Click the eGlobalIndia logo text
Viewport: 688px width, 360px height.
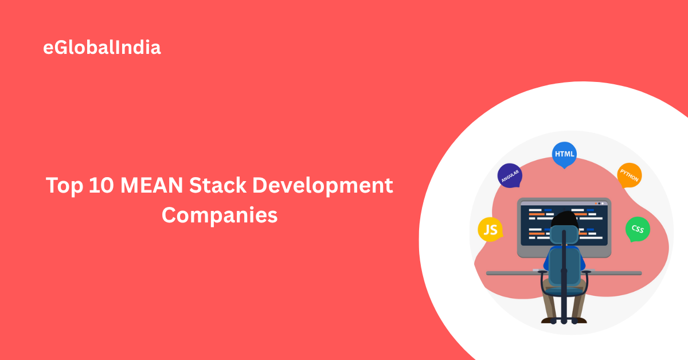(x=102, y=48)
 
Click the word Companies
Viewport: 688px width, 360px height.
(x=220, y=216)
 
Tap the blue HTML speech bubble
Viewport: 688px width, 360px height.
(x=564, y=154)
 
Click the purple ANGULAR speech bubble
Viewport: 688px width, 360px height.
(x=510, y=175)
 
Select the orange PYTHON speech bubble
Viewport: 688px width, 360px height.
(x=629, y=175)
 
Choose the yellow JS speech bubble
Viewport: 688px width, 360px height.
(x=490, y=230)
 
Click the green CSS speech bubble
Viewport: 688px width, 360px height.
(x=637, y=229)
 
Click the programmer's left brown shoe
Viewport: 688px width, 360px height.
(x=549, y=319)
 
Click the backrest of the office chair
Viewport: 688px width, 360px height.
(x=564, y=267)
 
